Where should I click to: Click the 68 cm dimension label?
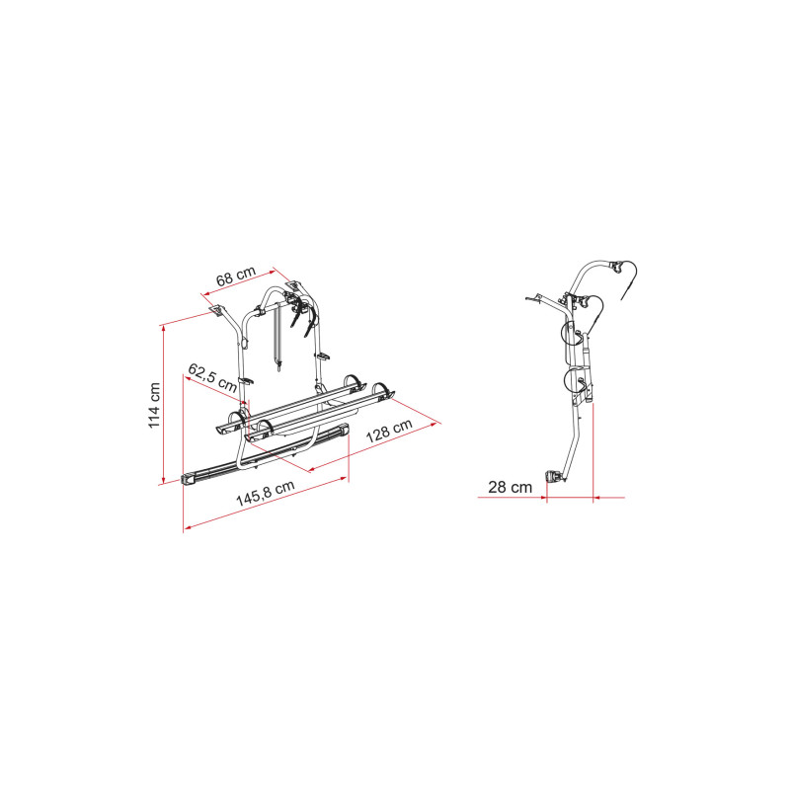236,276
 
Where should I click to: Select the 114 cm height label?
154,405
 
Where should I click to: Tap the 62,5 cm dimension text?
212,377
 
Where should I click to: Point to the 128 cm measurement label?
389,431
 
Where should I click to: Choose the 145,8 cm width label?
265,493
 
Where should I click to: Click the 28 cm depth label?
510,487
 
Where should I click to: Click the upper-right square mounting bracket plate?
292,285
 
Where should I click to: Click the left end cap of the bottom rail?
188,479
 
